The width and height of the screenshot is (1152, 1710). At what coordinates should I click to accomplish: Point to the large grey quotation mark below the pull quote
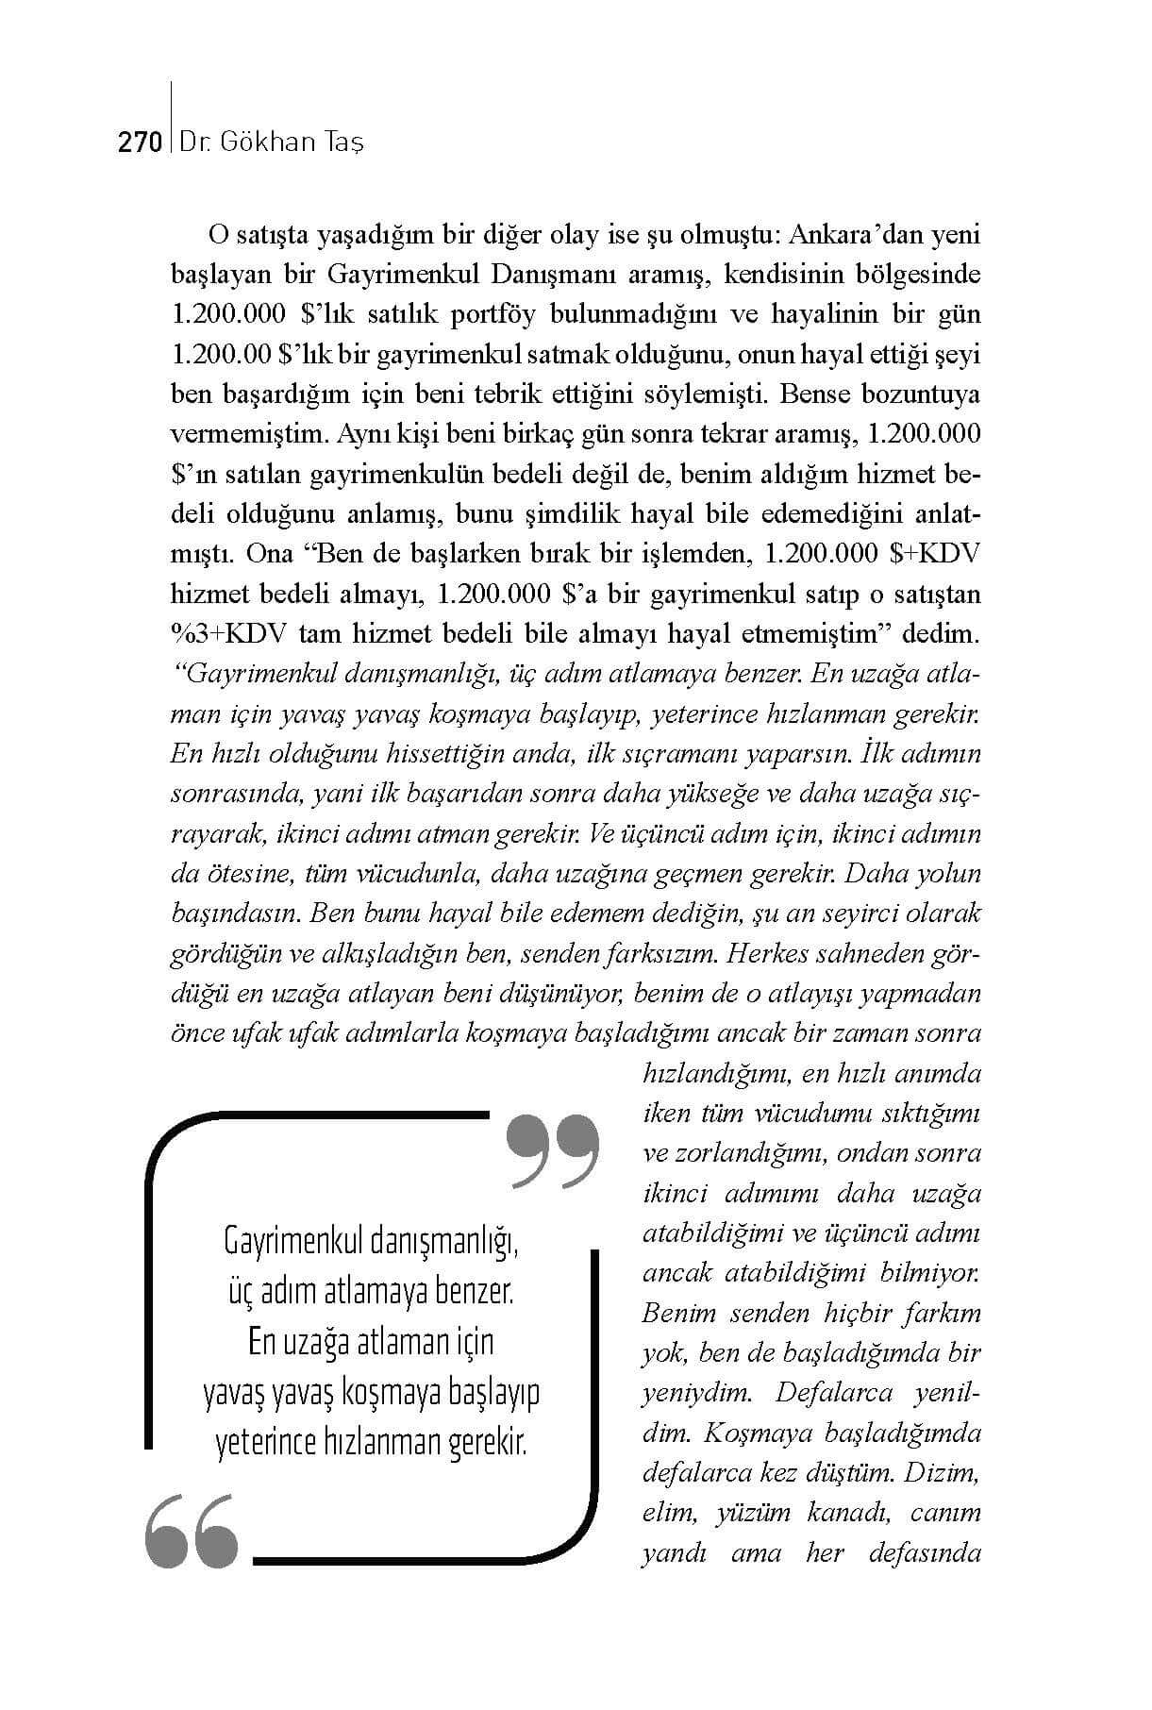[192, 1530]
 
